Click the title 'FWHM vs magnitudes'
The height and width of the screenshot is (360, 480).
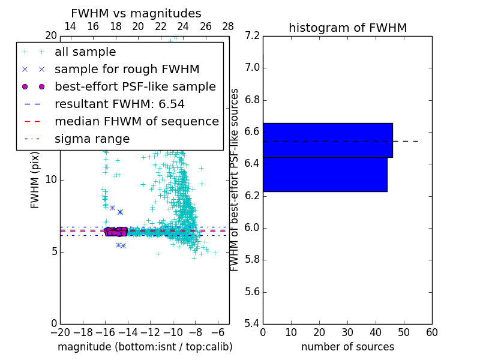136,14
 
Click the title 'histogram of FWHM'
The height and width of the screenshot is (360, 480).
347,28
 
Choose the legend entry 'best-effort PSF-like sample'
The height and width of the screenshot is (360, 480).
135,87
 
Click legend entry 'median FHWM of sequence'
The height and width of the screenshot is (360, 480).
136,122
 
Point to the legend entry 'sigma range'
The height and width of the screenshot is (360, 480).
92,139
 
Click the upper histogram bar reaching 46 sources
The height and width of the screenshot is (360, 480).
328,140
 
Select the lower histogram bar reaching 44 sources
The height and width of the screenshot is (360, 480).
325,175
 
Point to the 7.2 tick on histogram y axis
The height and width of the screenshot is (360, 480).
253,36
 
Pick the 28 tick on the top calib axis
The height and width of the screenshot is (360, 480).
228,26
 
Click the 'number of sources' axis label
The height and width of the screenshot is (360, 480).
347,347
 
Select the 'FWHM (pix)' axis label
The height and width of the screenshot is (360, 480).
35,181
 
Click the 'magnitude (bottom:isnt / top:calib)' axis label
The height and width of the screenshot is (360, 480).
145,347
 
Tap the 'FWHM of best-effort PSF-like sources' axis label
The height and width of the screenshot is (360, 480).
235,180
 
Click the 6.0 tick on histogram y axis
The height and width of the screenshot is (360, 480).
253,228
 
